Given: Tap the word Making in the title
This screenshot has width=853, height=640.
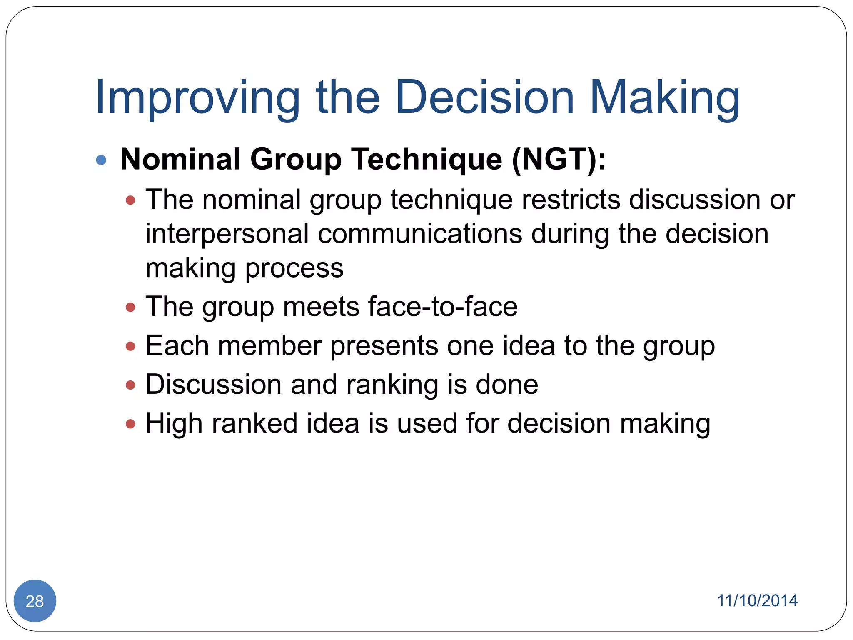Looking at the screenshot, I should click(x=665, y=98).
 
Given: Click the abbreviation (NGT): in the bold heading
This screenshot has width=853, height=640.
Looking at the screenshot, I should click(x=559, y=160).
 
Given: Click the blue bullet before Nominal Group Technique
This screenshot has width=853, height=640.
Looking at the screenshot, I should click(x=101, y=160).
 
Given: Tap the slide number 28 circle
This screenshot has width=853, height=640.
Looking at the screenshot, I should click(x=35, y=601).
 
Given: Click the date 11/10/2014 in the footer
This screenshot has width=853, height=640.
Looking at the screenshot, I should click(x=757, y=601).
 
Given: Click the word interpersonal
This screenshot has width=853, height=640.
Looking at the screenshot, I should click(x=227, y=234).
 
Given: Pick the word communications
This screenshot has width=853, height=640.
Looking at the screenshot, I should click(x=420, y=234).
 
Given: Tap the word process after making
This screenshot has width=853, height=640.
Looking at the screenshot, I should click(x=294, y=268).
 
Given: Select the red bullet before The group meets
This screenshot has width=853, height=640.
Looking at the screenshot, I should click(x=130, y=307).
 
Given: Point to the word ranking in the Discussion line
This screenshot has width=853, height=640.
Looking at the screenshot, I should click(x=392, y=385).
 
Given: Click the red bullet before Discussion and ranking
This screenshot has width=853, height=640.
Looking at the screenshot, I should click(x=130, y=385).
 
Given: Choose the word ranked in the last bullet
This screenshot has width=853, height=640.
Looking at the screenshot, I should click(x=254, y=423).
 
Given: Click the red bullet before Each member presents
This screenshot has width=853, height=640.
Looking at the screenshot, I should click(x=130, y=346).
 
